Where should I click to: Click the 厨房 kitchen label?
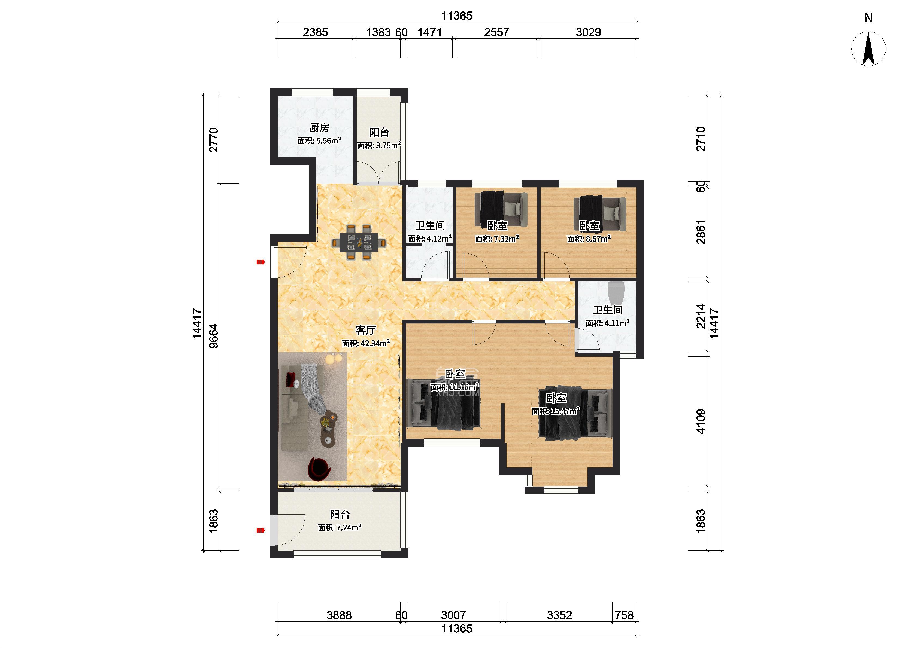click(x=319, y=128)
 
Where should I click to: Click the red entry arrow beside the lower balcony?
click(x=260, y=530)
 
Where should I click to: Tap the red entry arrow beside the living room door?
click(x=260, y=262)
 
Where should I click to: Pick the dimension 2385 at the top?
click(x=315, y=32)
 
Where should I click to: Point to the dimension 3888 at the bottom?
click(x=339, y=615)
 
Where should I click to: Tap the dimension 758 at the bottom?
click(x=624, y=615)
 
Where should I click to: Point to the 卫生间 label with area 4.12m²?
click(x=430, y=225)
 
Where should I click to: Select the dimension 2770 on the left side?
click(x=214, y=140)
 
